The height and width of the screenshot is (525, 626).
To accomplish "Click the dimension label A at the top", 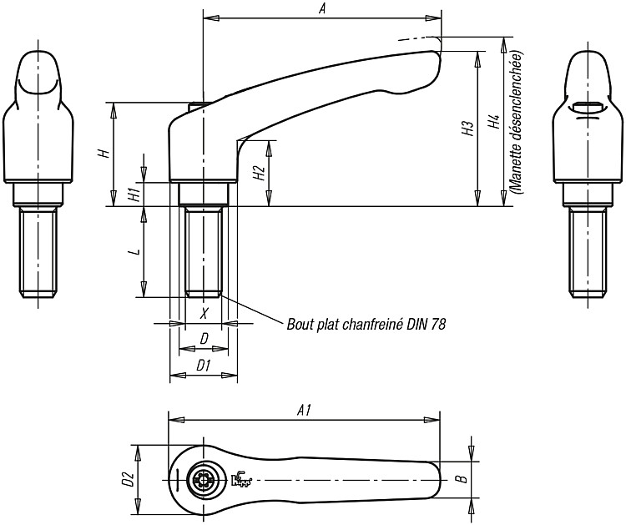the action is click(322, 9).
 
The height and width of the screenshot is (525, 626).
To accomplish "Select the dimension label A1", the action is click(305, 411).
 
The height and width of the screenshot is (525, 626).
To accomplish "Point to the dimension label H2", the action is click(260, 174).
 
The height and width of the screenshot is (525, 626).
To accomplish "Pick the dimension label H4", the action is click(494, 122).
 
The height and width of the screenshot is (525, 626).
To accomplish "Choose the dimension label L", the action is click(136, 251).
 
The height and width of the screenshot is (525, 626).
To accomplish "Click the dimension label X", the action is click(204, 313).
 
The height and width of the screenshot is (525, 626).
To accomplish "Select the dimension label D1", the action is click(204, 365).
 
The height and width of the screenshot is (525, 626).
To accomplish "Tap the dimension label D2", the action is click(128, 479).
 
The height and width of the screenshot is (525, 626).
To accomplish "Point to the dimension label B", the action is click(462, 479).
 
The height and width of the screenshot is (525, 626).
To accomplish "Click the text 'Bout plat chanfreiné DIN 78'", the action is click(366, 324).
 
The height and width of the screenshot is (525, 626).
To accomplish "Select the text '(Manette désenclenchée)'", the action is click(517, 123).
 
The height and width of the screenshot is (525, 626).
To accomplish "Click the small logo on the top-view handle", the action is click(241, 479).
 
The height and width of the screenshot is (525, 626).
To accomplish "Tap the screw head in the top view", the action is click(204, 479).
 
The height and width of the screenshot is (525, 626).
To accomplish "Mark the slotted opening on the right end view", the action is click(588, 108).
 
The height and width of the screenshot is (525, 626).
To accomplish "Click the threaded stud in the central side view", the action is click(204, 251).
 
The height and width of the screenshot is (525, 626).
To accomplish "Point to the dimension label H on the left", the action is click(104, 153).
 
